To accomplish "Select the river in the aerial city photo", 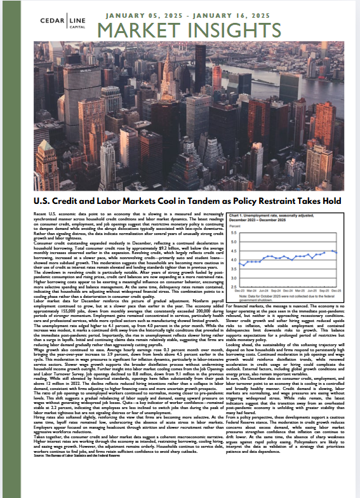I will click(317, 70).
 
